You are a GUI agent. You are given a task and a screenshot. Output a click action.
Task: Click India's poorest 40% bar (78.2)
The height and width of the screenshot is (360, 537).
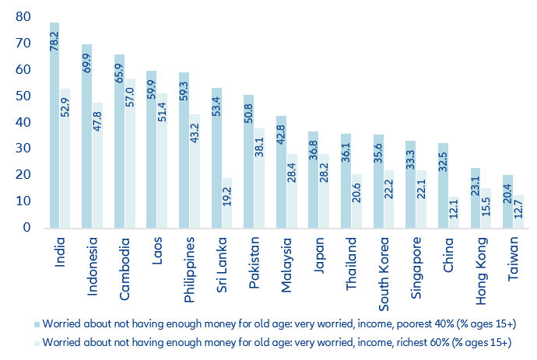54,124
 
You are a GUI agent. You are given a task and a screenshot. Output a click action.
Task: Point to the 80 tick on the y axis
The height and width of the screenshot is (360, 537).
23,17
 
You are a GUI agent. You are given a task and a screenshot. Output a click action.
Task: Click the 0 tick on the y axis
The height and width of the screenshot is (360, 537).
26,228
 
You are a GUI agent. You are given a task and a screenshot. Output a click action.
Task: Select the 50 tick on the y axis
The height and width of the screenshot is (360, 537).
23,96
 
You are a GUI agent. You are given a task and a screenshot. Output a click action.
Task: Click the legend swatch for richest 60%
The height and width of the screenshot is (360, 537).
37,342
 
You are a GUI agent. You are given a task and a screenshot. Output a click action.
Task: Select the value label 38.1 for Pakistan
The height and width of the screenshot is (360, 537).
260,144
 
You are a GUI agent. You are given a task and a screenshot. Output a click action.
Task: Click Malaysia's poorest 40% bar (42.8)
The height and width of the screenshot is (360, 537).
281,172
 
